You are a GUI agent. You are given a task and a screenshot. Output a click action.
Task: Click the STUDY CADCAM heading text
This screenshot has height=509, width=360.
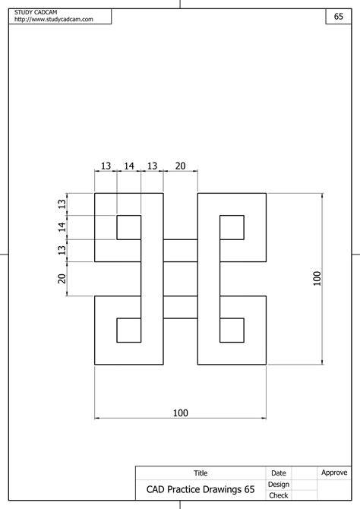coord(36,12)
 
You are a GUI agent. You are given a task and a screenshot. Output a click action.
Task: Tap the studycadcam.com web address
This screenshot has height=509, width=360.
coord(54,19)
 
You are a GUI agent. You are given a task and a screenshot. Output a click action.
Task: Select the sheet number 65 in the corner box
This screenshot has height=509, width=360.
coord(339,16)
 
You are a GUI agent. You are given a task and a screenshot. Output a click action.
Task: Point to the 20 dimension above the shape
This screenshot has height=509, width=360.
coord(181,166)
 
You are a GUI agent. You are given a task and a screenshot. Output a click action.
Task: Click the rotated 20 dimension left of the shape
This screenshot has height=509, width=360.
coord(62,279)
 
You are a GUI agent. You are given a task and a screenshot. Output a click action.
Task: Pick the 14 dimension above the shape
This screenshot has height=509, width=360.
coord(129,166)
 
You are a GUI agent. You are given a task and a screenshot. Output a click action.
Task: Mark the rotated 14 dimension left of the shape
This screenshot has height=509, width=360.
coord(62,227)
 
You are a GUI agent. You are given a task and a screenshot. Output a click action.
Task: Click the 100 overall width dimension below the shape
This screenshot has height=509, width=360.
coord(181,413)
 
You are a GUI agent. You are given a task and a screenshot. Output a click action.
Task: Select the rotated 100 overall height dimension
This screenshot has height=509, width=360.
coord(317,279)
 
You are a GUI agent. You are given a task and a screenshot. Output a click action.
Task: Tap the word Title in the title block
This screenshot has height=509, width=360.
coord(201,473)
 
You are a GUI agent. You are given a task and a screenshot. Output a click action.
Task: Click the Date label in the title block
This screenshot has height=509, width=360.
coord(279,473)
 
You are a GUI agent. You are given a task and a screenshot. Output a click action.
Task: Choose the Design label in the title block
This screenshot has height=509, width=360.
coord(279,485)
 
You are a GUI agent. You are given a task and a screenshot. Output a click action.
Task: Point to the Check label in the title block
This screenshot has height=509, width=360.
coord(279,495)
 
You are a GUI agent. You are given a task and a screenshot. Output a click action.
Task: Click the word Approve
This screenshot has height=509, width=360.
coord(334,473)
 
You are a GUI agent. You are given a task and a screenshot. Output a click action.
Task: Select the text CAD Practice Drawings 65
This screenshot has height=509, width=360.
coord(201,489)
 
